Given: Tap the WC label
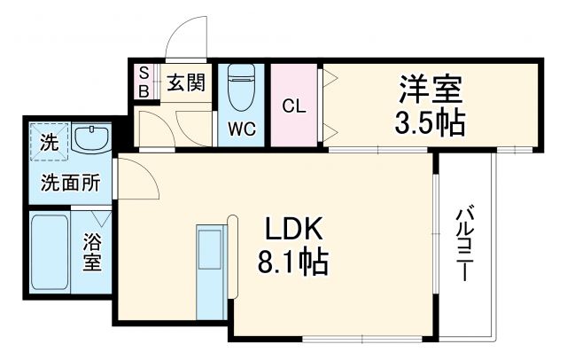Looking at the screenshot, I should (x=243, y=129).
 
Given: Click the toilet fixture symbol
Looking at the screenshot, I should (x=242, y=89).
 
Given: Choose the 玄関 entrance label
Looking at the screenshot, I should (x=187, y=84).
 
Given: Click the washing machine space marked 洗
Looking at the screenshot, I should (x=46, y=140).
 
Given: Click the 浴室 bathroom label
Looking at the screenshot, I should (x=92, y=252).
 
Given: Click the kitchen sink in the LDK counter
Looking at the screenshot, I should (x=211, y=247).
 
